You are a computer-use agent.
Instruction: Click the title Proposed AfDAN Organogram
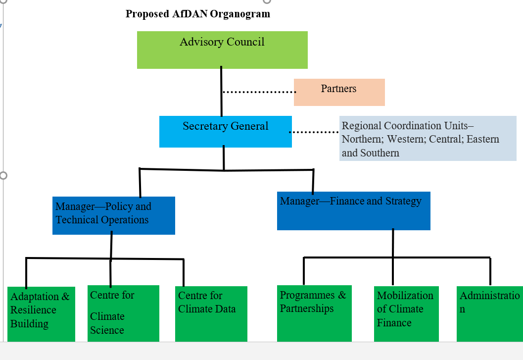198,14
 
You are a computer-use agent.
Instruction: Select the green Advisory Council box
222,50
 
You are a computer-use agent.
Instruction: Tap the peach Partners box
339,92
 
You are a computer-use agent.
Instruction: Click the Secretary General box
225,132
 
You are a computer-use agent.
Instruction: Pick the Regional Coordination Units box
428,139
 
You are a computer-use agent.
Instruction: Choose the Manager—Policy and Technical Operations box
113,215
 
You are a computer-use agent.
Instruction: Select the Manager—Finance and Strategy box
353,211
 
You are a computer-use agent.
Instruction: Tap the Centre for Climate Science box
123,313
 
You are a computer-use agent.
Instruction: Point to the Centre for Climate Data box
211,313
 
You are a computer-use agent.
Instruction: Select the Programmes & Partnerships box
314,313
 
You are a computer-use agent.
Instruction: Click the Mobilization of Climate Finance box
406,313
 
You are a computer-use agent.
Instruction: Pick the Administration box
489,313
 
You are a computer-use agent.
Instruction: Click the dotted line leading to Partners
258,92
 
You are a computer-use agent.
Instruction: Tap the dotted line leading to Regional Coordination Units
314,132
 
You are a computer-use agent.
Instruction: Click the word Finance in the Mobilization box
394,323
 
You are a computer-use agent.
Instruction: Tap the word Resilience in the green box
33,310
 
